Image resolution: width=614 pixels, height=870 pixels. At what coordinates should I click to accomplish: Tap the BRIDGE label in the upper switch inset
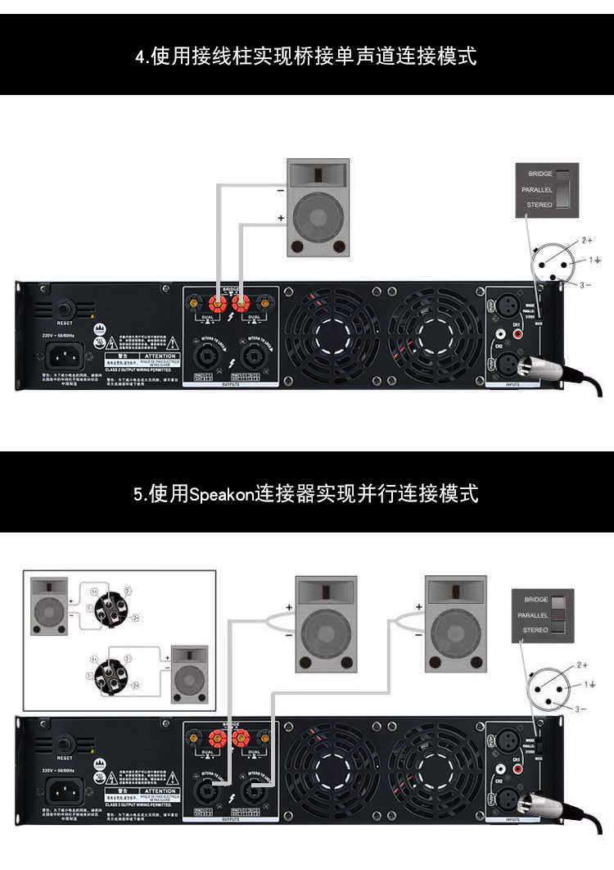540,174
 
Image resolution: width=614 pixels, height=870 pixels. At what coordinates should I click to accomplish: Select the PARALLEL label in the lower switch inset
536,614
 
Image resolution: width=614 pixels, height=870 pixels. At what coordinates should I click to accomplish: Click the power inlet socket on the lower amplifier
65,792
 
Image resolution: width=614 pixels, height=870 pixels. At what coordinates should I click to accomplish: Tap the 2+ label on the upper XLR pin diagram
586,241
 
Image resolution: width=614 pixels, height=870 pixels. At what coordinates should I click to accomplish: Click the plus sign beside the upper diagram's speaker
281,218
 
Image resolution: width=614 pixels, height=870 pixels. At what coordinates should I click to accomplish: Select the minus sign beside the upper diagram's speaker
281,191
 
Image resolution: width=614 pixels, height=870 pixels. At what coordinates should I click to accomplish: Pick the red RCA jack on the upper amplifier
500,334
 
